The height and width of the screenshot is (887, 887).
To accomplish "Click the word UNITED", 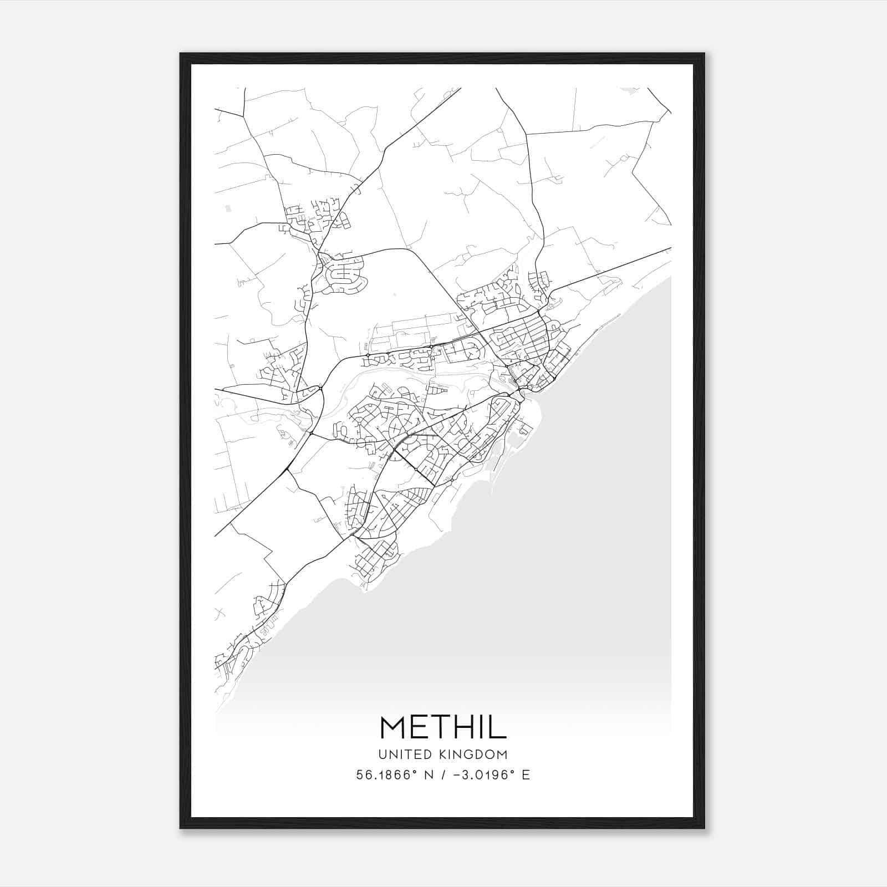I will (x=403, y=755).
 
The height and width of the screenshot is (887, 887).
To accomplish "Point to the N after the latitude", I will (x=429, y=775).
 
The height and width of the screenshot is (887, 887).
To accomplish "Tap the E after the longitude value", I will (x=526, y=775).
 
